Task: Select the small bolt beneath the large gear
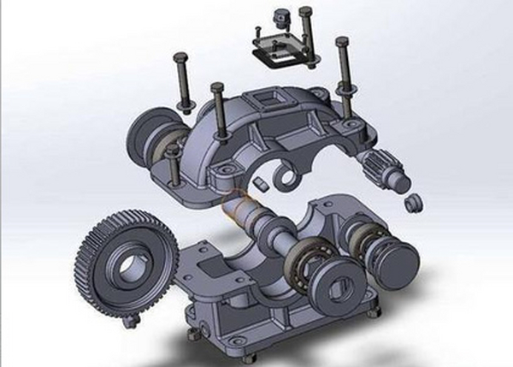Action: pos(131,321)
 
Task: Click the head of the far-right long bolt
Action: pos(342,43)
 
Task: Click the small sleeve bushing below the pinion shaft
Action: pos(412,204)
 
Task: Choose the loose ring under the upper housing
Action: pos(286,178)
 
